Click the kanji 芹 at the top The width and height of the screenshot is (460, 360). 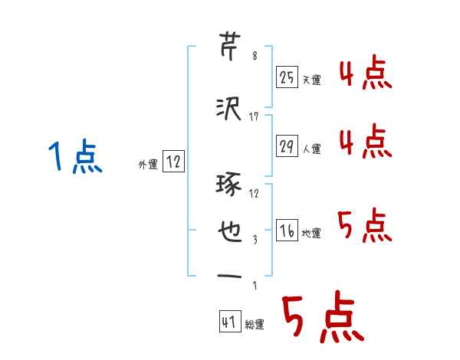tap(231, 45)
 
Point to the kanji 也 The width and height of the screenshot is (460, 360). tap(230, 232)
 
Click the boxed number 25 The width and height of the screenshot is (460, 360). tap(287, 77)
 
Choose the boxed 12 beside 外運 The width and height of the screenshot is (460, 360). tap(173, 161)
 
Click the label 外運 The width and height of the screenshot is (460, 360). tap(148, 162)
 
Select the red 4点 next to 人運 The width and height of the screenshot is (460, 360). tap(366, 142)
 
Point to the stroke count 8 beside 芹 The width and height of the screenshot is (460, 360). tap(254, 56)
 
